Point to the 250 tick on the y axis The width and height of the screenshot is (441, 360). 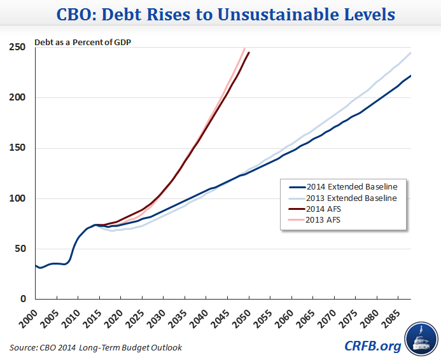(17, 48)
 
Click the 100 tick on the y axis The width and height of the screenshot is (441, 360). (17, 198)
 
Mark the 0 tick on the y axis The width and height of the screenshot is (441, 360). (22, 299)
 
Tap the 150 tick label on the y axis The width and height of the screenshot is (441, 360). (17, 148)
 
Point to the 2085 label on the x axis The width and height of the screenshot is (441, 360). (393, 315)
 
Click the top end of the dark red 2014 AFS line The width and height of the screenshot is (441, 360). (249, 52)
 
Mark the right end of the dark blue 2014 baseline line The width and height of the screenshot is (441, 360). (411, 76)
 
